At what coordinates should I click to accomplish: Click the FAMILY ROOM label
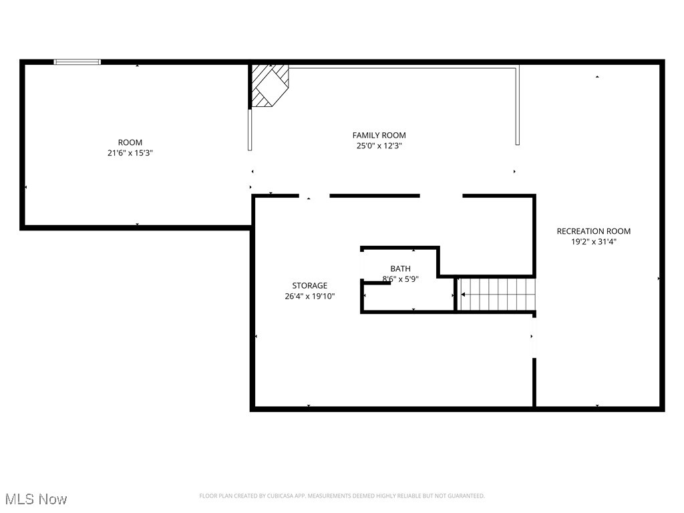coord(379,135)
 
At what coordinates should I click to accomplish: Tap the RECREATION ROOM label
coord(593,231)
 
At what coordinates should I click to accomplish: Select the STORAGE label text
coord(309,285)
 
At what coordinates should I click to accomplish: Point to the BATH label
coord(400,269)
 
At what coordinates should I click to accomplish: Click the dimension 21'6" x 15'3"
coord(130,152)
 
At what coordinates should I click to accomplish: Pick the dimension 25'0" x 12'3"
coord(379,145)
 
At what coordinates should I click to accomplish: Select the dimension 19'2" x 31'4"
coord(593,241)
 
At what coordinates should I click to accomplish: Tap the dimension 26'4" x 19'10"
coord(309,295)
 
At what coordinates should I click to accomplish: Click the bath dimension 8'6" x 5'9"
coord(400,279)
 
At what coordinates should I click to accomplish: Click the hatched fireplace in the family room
coord(269,85)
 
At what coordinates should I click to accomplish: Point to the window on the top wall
coord(77,62)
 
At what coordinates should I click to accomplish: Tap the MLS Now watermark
coord(36,499)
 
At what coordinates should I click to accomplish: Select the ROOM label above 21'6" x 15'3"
coord(130,142)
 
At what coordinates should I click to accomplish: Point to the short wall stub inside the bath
coord(377,283)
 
